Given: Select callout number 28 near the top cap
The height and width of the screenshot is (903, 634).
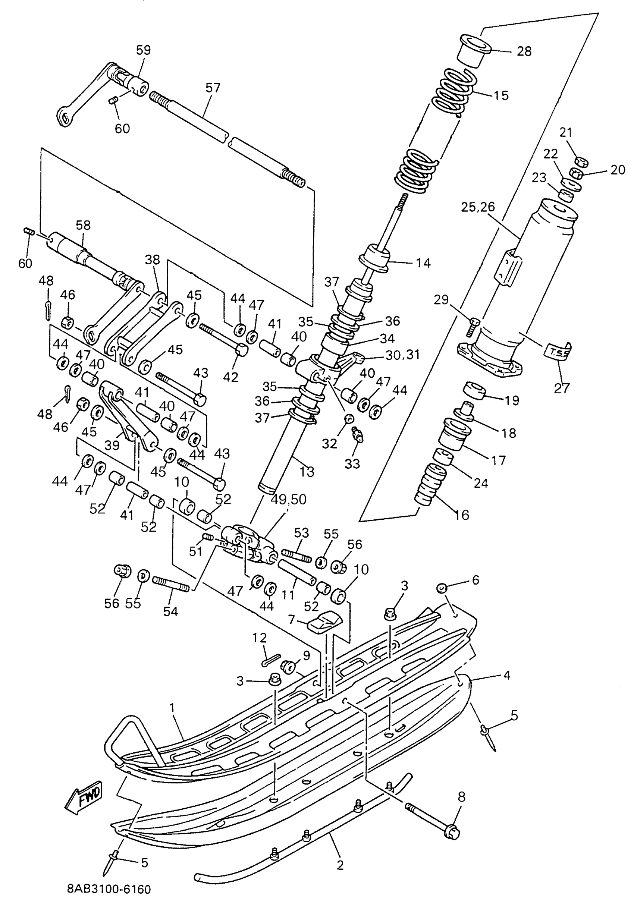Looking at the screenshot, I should (x=524, y=51).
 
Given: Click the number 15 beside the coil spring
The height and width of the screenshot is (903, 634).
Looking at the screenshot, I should (x=500, y=95).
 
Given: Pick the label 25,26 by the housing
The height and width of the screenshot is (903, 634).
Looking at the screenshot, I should (x=478, y=207).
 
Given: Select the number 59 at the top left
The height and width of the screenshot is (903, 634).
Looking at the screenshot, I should (x=144, y=50).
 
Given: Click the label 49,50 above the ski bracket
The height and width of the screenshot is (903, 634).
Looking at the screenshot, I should (x=288, y=500).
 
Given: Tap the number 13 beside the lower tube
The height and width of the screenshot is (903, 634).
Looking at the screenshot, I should (x=307, y=471).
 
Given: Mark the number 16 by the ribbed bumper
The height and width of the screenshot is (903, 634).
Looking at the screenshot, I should (x=462, y=515).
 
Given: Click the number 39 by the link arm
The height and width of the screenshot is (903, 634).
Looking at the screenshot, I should (x=112, y=445).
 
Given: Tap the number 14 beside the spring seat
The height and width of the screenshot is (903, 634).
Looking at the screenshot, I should (x=423, y=263).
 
